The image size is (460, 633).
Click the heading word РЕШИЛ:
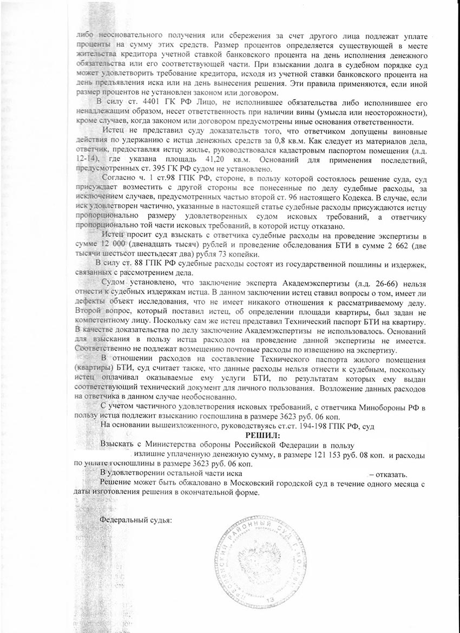coord(264,435)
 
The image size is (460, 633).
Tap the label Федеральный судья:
coord(136,520)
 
